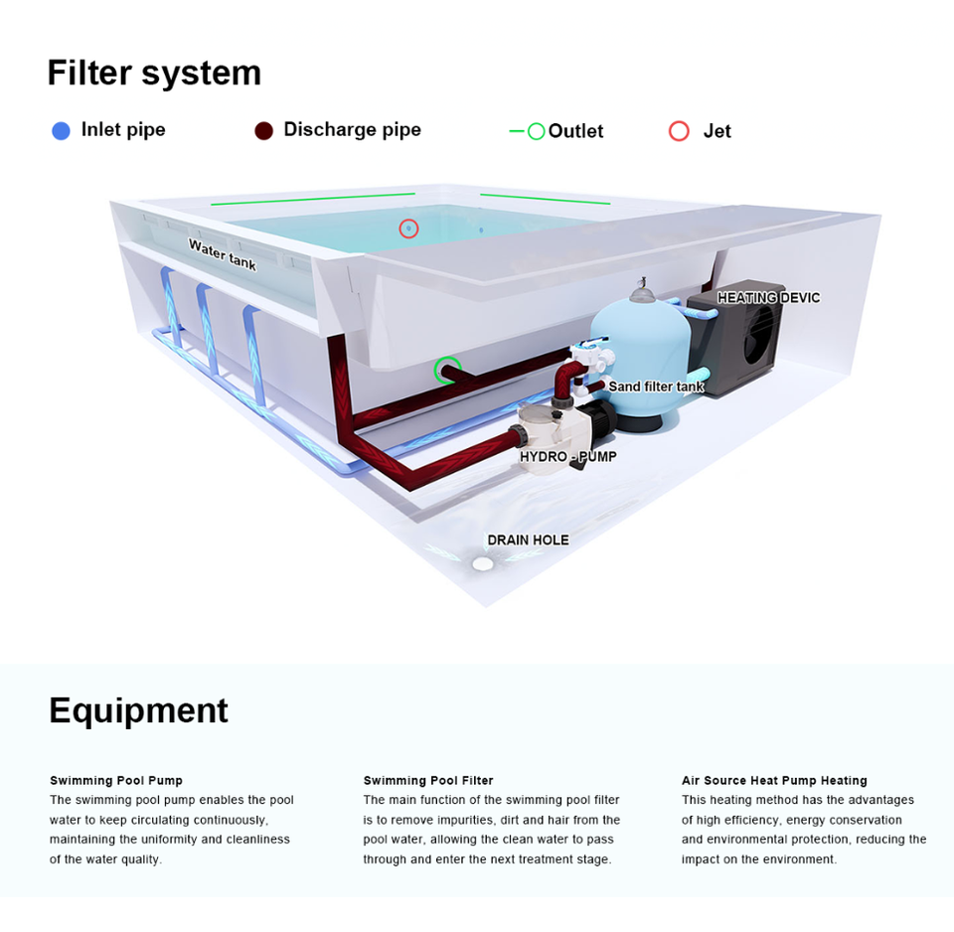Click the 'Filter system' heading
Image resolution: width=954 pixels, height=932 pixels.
(154, 74)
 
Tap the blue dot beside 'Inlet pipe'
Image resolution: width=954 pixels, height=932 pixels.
(61, 131)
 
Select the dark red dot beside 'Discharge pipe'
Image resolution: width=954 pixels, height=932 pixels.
(263, 131)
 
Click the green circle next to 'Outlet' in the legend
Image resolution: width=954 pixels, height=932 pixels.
(536, 131)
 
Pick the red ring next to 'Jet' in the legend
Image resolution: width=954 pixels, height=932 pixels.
(679, 131)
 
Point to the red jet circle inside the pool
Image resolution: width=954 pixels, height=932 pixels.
(408, 229)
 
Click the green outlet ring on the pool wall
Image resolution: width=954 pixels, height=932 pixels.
(447, 371)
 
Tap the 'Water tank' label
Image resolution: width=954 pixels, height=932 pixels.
(223, 254)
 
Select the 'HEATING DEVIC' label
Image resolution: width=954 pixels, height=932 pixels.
(768, 298)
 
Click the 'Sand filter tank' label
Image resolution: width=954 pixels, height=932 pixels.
(656, 387)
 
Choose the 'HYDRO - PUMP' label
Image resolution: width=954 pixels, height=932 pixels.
(567, 457)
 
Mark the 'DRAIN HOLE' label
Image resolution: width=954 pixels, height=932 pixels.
(528, 541)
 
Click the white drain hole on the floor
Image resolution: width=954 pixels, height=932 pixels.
(483, 564)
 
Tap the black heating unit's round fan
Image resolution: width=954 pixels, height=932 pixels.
(760, 333)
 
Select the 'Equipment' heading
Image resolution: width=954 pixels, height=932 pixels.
(138, 711)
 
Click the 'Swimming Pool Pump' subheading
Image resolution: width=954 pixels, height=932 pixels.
(116, 781)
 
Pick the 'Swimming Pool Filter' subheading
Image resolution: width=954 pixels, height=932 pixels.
(428, 781)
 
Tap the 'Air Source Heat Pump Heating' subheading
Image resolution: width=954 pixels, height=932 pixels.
(774, 781)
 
